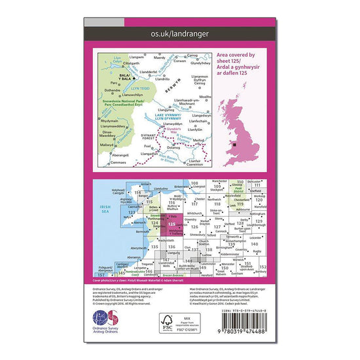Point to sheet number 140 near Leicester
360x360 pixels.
(255, 243)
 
